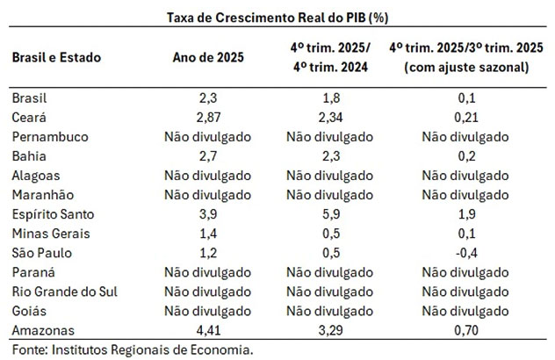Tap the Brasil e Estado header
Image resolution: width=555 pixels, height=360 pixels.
(56, 58)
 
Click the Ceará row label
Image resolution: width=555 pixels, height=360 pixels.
(31, 117)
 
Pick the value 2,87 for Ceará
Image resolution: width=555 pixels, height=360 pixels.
(209, 117)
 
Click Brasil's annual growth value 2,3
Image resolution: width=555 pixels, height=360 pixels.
(209, 97)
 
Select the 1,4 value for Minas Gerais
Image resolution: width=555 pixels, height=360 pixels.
(209, 234)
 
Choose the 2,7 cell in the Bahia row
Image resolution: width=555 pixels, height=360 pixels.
(209, 156)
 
